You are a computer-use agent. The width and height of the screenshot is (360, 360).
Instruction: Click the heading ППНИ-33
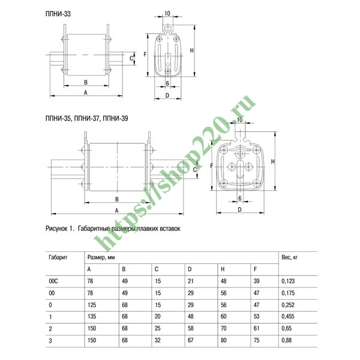pos(58,14)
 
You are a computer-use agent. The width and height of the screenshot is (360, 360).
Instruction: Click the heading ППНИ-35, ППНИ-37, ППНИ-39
pos(87,118)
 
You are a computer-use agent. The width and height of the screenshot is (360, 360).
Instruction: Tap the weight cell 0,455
pos(288,316)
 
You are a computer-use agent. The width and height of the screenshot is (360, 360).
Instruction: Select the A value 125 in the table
pos(92,305)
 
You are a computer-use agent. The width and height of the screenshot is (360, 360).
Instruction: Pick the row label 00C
pos(53,281)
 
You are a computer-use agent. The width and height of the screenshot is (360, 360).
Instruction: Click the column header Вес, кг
pos(290,257)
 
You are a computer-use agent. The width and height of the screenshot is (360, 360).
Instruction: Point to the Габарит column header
pos(58,257)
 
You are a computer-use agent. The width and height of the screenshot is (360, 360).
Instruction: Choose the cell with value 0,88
pos(287,340)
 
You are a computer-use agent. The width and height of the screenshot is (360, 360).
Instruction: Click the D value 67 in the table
pos(191,340)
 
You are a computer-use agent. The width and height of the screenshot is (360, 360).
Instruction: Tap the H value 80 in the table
pos(224,340)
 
